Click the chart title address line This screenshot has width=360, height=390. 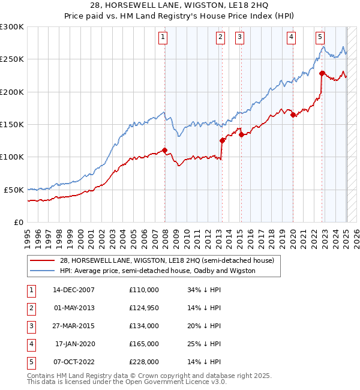point(179,6)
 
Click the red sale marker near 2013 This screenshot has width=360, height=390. point(222,140)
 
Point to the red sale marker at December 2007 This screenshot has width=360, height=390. point(164,151)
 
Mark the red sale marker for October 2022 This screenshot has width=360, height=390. point(322,74)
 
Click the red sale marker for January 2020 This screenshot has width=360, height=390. point(293,115)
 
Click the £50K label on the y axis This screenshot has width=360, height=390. point(14,190)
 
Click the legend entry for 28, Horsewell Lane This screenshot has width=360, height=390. point(167,260)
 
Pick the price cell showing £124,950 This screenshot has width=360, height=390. point(144,308)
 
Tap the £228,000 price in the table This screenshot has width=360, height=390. point(144,362)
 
